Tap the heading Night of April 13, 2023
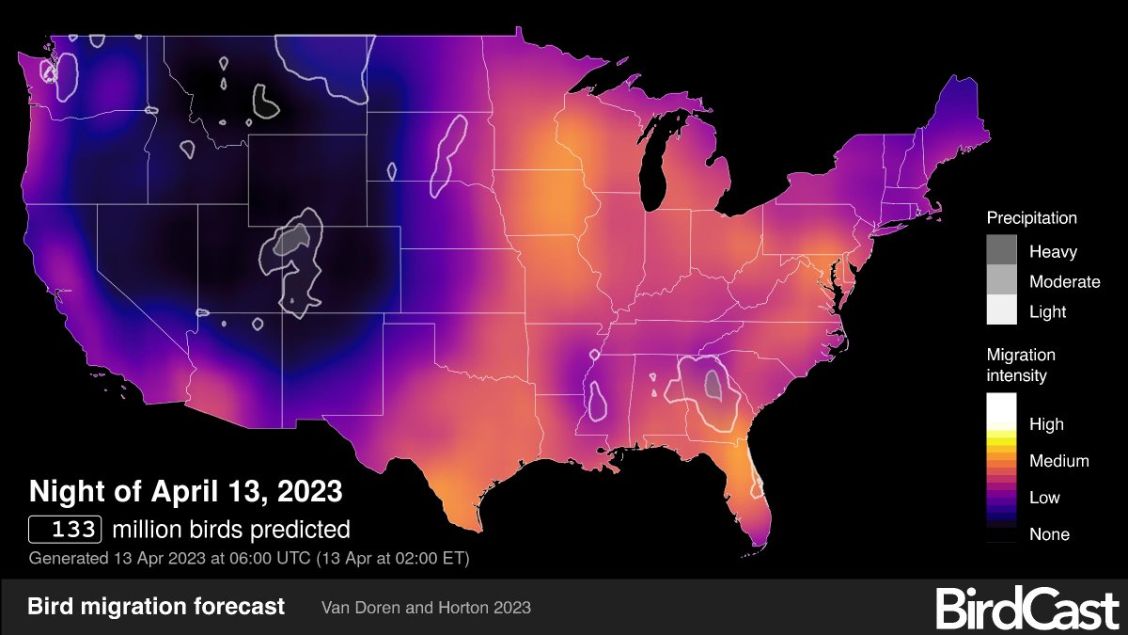[185, 491]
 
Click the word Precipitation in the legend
[1031, 218]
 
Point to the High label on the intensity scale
[1046, 424]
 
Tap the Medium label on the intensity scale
[1058, 461]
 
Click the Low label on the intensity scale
[1044, 497]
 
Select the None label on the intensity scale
[1048, 534]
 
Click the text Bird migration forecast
[156, 607]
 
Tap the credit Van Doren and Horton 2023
[427, 608]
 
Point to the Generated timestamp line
[249, 558]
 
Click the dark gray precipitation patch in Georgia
[713, 384]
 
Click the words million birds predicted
[230, 529]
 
